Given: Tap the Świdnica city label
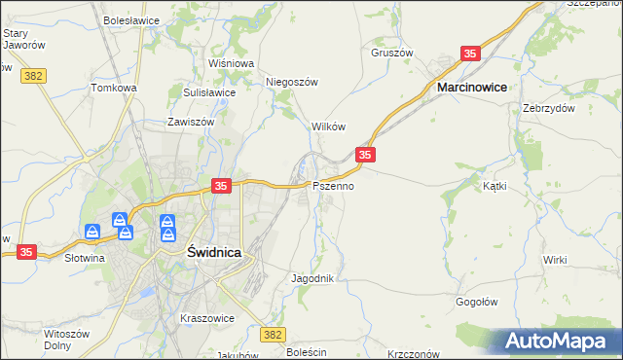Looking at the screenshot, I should pos(213,251).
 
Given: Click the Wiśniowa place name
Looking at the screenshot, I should pos(231,63).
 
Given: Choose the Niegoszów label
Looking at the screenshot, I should pos(293,83).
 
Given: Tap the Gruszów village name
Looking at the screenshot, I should pos(392,53).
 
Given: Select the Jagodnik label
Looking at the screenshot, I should pos(312,278).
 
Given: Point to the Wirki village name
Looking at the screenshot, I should pos(555,260).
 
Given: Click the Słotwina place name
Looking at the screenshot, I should pos(85,259).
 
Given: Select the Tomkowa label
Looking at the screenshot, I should pos(114,88).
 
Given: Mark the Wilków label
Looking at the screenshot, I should pos(328,127).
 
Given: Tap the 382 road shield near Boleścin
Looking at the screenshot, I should pos(274,335).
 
